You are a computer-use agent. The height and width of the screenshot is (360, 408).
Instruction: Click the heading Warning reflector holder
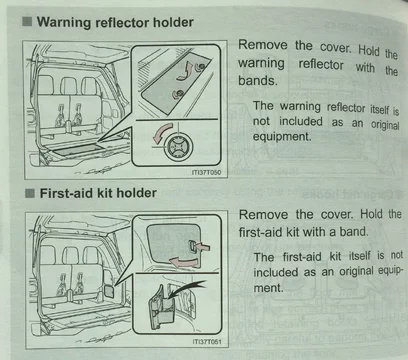click(115, 23)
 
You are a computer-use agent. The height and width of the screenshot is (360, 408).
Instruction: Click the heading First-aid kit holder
click(98, 193)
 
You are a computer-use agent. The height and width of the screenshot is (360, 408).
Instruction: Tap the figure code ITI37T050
click(206, 172)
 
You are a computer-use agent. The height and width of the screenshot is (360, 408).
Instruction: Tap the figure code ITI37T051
click(206, 342)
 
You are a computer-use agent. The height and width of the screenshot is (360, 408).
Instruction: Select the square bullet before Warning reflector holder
click(27, 22)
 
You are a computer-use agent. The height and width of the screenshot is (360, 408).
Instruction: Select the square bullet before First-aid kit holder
click(30, 193)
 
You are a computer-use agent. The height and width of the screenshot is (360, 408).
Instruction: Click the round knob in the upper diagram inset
click(179, 146)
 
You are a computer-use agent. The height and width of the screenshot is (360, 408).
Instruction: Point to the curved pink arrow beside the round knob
click(162, 133)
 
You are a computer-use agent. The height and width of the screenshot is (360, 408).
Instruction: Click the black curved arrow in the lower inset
click(187, 287)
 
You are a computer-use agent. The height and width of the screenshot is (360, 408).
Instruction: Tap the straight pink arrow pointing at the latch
click(203, 248)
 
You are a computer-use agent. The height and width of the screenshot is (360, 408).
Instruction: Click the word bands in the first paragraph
click(257, 80)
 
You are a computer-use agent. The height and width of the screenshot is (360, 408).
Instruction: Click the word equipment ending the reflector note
click(282, 136)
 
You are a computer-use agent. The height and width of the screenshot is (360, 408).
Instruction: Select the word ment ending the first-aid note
click(268, 287)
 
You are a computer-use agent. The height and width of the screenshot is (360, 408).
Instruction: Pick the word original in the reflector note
click(385, 124)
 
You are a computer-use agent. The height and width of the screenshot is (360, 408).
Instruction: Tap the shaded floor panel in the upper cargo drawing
click(78, 149)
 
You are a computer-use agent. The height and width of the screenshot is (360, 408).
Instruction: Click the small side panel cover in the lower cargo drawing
click(109, 289)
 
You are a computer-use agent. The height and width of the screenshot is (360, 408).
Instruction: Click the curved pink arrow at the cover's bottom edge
click(183, 262)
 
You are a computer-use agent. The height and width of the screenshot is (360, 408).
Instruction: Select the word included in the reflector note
click(300, 121)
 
